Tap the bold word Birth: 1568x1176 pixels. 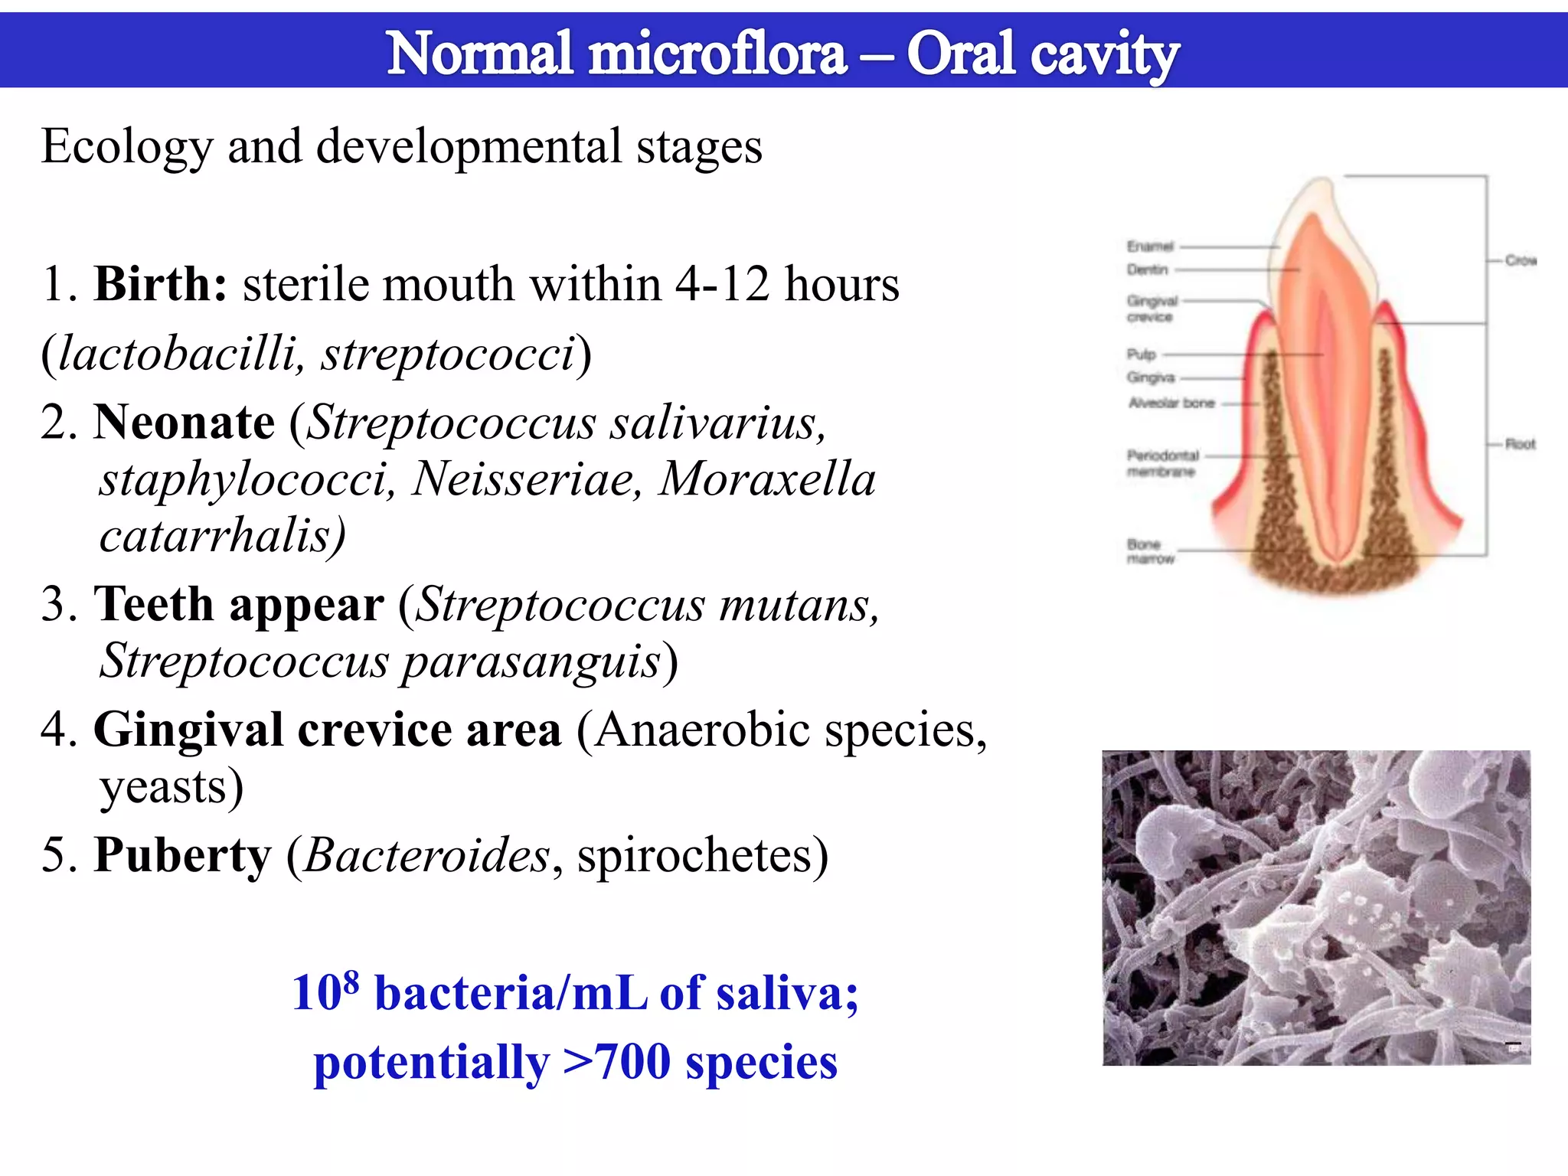click(x=160, y=285)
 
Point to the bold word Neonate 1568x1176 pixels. click(x=184, y=423)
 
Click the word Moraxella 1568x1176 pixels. click(x=767, y=479)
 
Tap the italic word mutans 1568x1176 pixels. click(x=796, y=605)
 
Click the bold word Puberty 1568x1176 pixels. click(x=182, y=855)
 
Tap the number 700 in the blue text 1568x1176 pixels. click(x=632, y=1063)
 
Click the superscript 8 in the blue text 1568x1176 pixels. click(x=351, y=981)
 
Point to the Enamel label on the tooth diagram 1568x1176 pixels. click(x=1149, y=247)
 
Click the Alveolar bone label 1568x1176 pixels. click(x=1171, y=403)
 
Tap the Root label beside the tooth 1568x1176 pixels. click(x=1520, y=444)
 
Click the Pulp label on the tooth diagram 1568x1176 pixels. click(x=1141, y=354)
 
